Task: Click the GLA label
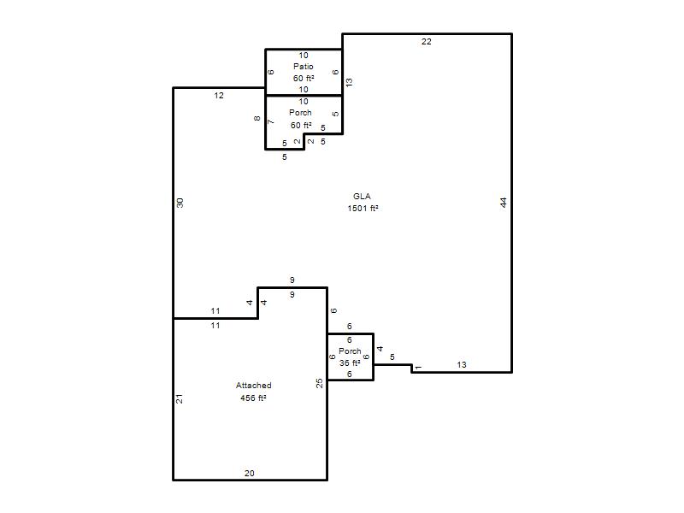[x=362, y=197]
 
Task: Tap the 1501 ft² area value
[x=363, y=208]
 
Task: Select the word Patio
[x=304, y=67]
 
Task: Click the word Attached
[x=253, y=386]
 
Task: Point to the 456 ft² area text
[x=253, y=398]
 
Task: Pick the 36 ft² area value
[x=350, y=363]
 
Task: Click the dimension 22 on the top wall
[x=426, y=41]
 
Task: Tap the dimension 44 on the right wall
[x=504, y=203]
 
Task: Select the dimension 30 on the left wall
[x=180, y=203]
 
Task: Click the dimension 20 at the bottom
[x=249, y=473]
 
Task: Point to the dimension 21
[x=179, y=398]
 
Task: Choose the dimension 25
[x=319, y=383]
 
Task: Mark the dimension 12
[x=219, y=95]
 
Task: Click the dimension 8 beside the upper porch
[x=257, y=118]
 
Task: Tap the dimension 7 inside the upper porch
[x=270, y=121]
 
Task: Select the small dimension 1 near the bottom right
[x=418, y=368]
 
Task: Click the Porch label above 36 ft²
[x=350, y=351]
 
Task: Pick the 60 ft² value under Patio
[x=304, y=78]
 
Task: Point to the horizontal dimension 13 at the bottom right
[x=462, y=365]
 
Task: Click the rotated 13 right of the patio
[x=349, y=82]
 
